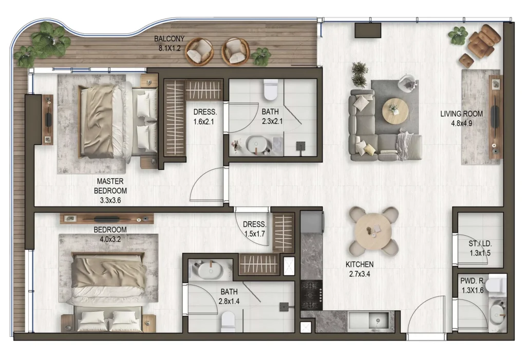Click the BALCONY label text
pyautogui.click(x=169, y=39)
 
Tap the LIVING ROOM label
pyautogui.click(x=461, y=113)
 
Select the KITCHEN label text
pyautogui.click(x=359, y=264)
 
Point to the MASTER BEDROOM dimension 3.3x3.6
pyautogui.click(x=110, y=200)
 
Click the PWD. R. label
pyautogui.click(x=472, y=281)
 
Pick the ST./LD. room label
pyautogui.click(x=480, y=244)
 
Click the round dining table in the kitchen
pyautogui.click(x=373, y=231)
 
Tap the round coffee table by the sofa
pyautogui.click(x=395, y=111)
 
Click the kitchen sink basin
pyautogui.click(x=379, y=320)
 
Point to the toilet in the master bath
pyautogui.click(x=271, y=89)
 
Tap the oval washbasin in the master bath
pyautogui.click(x=256, y=144)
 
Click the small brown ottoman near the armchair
pyautogui.click(x=466, y=61)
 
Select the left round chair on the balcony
pyautogui.click(x=200, y=51)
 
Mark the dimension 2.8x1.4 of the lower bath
pyautogui.click(x=229, y=301)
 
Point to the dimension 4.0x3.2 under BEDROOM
pyautogui.click(x=110, y=239)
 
